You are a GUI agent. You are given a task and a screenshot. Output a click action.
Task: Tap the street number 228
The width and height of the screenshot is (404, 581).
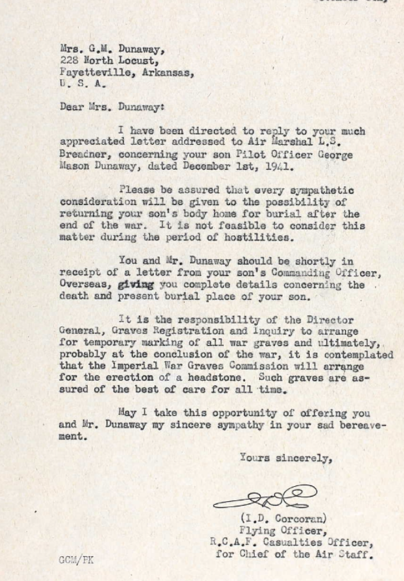[69, 60]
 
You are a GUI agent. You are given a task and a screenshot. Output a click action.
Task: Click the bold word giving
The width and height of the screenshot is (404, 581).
[136, 285]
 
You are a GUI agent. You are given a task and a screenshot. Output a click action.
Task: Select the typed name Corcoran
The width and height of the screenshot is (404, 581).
[293, 519]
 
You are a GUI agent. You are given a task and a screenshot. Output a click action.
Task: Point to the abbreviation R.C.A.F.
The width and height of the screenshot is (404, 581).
[235, 543]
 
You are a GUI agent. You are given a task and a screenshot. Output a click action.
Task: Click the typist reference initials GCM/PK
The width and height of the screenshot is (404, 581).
[76, 561]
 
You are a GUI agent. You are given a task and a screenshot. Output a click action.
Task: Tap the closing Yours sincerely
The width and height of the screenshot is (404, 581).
[285, 458]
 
